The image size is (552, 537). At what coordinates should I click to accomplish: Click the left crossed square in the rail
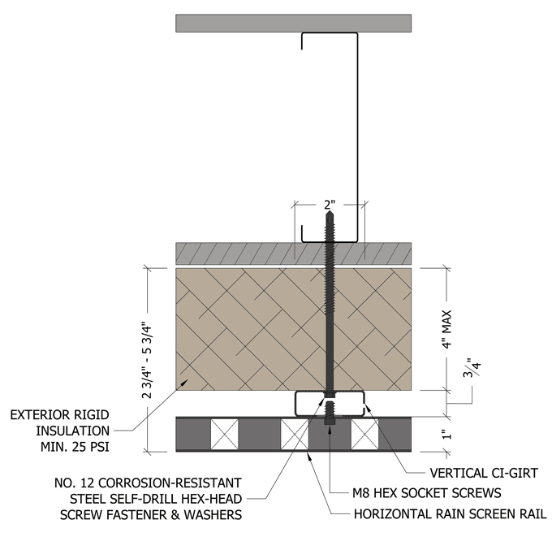(x=223, y=435)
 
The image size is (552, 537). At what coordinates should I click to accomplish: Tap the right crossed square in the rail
(x=364, y=435)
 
